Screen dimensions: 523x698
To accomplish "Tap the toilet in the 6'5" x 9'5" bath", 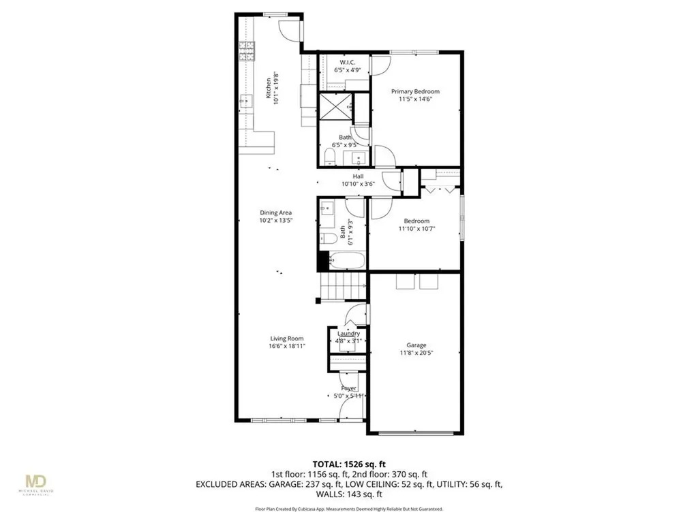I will click(329, 158).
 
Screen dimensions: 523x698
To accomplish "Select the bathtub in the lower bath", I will click(346, 260).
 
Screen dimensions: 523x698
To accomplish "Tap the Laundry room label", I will click(348, 334).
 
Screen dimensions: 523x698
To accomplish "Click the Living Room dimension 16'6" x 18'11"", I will click(286, 346).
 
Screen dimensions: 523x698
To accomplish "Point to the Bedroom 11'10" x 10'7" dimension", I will click(416, 229).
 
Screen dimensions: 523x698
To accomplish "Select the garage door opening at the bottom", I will click(415, 432).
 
